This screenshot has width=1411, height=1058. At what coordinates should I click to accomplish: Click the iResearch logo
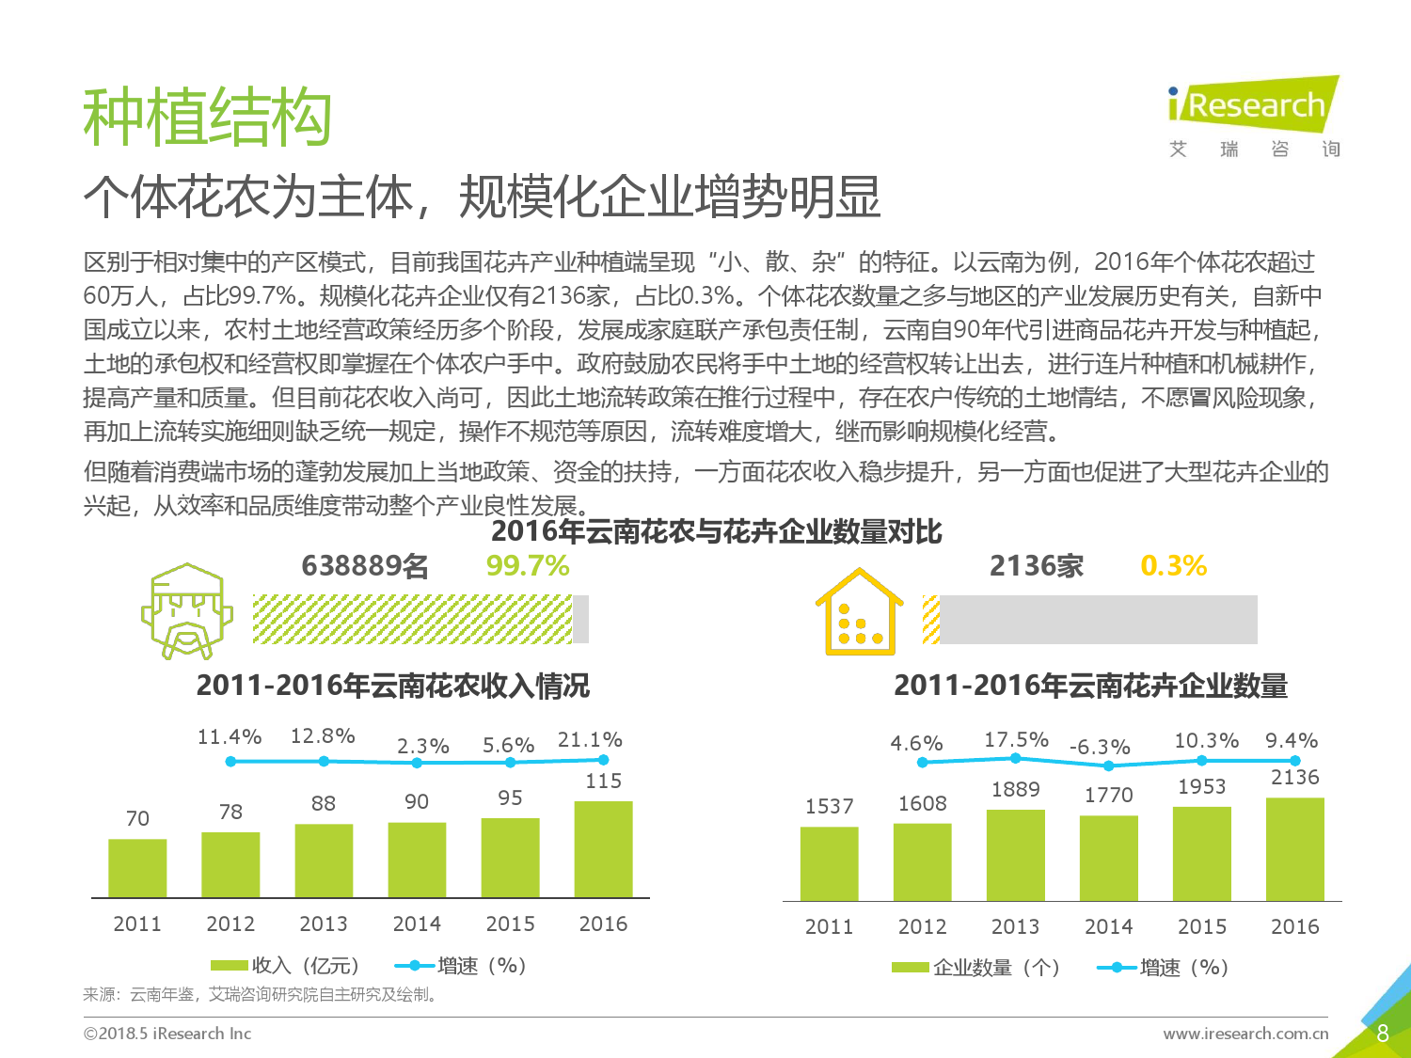point(1254,117)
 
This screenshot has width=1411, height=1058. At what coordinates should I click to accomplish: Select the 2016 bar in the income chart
point(603,848)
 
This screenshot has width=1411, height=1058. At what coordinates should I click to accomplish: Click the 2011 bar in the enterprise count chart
point(830,863)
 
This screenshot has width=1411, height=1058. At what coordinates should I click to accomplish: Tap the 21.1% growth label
point(590,740)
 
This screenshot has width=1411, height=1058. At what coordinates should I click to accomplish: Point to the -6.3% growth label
point(1100,747)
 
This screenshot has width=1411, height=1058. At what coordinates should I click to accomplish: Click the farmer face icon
point(187,611)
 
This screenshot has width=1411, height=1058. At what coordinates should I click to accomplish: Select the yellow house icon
point(860,611)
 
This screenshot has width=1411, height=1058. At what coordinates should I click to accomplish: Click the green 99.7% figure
point(528,566)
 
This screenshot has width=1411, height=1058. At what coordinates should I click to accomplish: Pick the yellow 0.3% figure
point(1174,566)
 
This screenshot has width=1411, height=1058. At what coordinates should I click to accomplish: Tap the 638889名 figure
point(364,566)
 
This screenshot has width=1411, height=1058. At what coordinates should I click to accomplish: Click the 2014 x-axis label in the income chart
point(417,924)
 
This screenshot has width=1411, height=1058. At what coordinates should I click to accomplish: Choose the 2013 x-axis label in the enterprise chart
point(1015,926)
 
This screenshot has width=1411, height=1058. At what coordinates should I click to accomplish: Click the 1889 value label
point(1015,789)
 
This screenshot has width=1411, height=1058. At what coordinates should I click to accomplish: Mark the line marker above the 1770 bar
point(1109,766)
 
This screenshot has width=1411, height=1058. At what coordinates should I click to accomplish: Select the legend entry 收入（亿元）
point(285,966)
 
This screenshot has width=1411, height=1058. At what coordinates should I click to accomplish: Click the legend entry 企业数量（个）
point(975,967)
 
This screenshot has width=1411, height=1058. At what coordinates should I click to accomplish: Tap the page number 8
point(1383,1033)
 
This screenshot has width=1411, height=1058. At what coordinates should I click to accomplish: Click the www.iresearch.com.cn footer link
point(1245,1033)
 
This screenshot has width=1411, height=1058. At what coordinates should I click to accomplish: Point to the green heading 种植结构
point(207,117)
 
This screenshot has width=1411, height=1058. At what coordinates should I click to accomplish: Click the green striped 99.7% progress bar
point(412,619)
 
